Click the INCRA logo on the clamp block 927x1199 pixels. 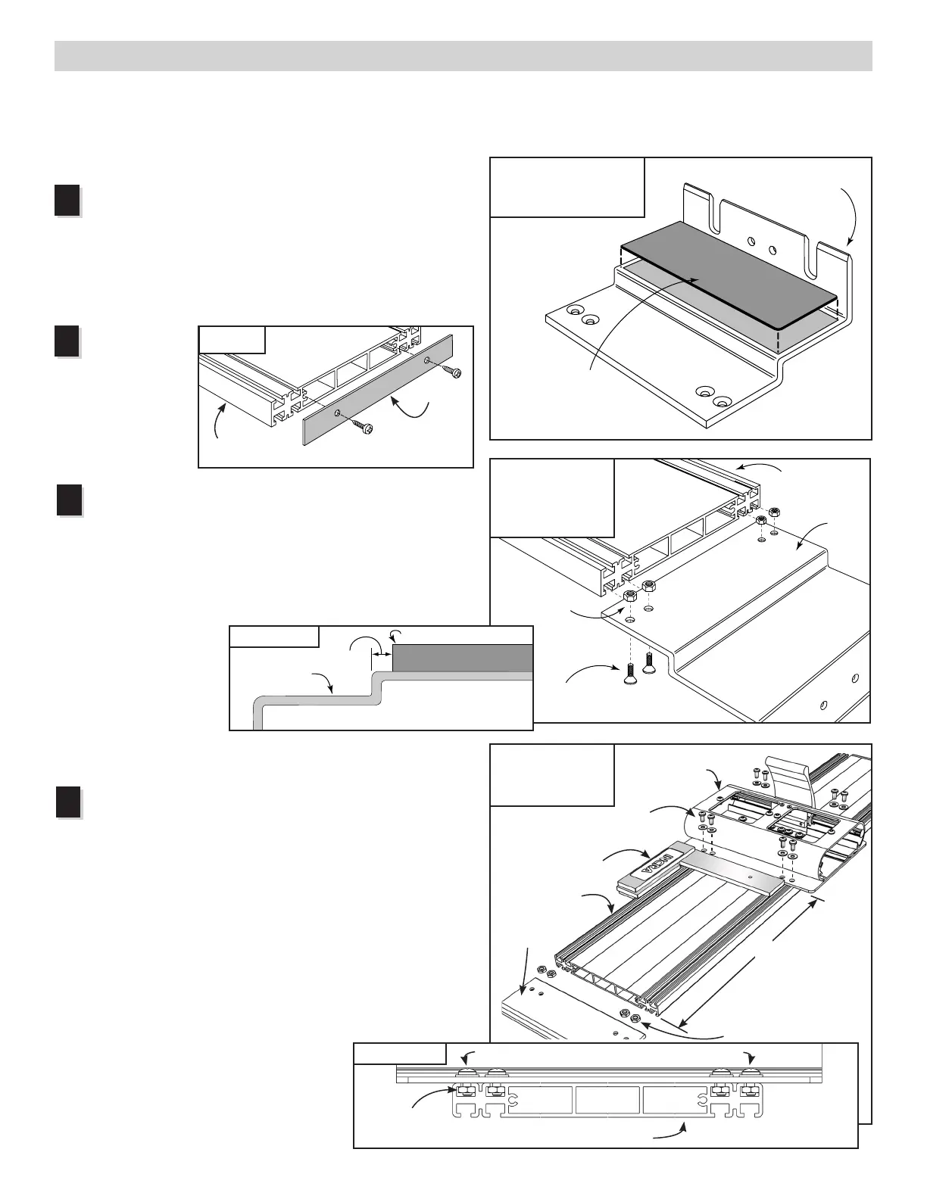(x=657, y=864)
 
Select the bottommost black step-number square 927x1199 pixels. (x=67, y=802)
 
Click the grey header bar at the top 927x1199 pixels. (x=463, y=56)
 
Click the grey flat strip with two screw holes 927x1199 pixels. (x=377, y=391)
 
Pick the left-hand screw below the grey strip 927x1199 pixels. (x=364, y=427)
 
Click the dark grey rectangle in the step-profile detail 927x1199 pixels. (x=462, y=657)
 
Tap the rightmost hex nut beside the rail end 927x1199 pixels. (x=774, y=513)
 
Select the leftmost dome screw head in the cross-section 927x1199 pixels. (x=465, y=1074)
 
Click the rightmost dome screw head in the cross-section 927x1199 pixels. (x=750, y=1074)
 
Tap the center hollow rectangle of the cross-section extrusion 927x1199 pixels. (x=608, y=1101)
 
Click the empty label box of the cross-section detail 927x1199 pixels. (x=399, y=1053)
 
